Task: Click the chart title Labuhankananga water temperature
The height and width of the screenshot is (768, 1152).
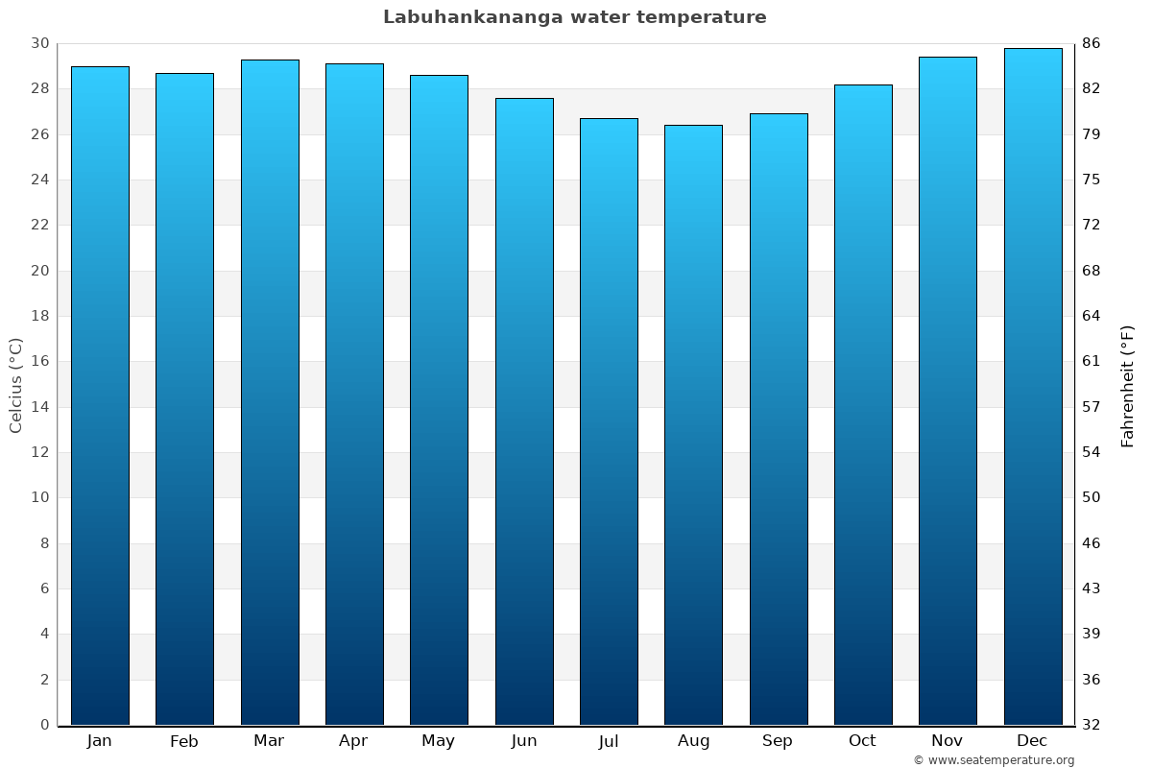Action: click(574, 17)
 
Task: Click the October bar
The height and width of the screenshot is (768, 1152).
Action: click(863, 404)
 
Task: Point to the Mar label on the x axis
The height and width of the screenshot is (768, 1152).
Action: click(269, 740)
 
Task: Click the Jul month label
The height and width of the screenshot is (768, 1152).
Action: click(609, 741)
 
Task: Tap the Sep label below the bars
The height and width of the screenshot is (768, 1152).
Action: click(778, 741)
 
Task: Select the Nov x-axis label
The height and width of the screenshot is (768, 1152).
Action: click(948, 740)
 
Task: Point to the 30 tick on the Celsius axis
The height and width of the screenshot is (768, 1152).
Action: click(39, 43)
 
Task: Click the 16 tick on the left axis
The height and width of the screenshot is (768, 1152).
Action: click(39, 361)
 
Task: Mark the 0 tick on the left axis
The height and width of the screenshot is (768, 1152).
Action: click(44, 725)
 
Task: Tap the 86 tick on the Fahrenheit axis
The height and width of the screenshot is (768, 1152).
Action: click(1092, 43)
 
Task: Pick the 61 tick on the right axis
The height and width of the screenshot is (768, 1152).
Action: click(1092, 361)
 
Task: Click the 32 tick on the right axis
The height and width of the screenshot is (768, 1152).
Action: click(1092, 725)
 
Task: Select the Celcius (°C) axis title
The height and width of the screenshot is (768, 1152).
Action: click(16, 385)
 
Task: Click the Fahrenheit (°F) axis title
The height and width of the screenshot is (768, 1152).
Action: click(1128, 385)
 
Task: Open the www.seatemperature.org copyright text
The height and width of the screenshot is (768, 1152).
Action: click(994, 760)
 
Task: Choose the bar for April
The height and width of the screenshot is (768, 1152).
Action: click(354, 394)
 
